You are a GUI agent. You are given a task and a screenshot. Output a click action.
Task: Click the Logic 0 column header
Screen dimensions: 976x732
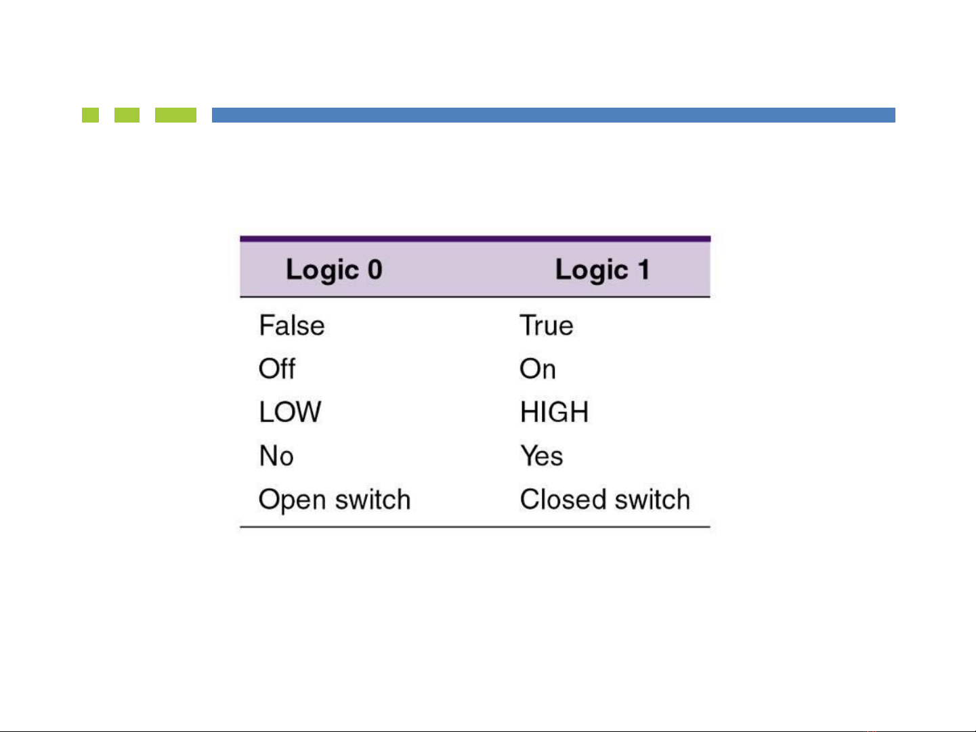click(x=334, y=270)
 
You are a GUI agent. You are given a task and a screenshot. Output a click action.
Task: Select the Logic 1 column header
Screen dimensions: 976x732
click(x=603, y=270)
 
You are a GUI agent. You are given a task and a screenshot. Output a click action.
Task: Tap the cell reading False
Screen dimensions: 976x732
click(x=292, y=325)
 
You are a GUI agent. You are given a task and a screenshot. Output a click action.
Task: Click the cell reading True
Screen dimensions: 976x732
click(x=547, y=325)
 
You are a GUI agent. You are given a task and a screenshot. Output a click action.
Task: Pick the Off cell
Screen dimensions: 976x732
click(x=276, y=368)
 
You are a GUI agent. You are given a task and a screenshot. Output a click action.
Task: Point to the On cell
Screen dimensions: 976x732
click(x=538, y=368)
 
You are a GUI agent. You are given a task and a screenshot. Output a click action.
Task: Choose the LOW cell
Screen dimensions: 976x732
click(x=290, y=412)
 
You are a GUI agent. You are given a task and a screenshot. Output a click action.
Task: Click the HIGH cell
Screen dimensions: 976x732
click(x=555, y=412)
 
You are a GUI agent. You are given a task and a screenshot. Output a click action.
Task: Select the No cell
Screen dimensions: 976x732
click(x=276, y=456)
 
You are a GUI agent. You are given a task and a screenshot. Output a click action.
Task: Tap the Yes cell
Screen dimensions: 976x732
click(x=542, y=456)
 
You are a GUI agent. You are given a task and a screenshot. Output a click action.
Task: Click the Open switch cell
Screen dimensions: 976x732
click(x=335, y=500)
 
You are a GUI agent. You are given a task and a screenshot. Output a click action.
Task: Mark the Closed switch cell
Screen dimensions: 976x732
click(x=605, y=499)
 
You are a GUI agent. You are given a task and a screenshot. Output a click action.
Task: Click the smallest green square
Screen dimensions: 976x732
click(x=90, y=115)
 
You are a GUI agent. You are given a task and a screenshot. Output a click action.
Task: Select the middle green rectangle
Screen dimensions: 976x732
click(x=127, y=115)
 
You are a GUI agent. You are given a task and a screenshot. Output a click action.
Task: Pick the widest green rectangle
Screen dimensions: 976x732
click(x=175, y=115)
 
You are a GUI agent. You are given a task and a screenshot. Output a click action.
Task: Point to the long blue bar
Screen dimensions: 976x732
click(x=553, y=115)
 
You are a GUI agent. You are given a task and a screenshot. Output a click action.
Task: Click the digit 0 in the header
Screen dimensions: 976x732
click(x=375, y=270)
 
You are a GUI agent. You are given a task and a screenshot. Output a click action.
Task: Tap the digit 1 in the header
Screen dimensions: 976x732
click(x=644, y=270)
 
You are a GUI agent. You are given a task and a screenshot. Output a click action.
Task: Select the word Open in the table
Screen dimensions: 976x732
click(x=292, y=500)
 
